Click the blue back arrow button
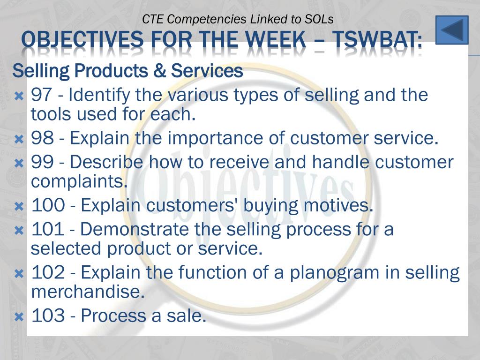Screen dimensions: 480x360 pos(452,30)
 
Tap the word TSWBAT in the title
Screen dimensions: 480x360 pos(377,40)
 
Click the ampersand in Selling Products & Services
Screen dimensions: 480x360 pos(159,71)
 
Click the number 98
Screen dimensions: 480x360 pos(42,138)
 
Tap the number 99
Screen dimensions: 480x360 pos(42,162)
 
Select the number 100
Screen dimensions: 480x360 pos(48,205)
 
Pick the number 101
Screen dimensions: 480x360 pos(48,229)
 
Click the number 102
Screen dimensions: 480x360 pos(48,272)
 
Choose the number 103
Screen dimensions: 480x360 pos(48,315)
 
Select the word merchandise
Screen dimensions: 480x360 pos(88,292)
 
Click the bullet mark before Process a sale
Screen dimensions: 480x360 pos(19,316)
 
